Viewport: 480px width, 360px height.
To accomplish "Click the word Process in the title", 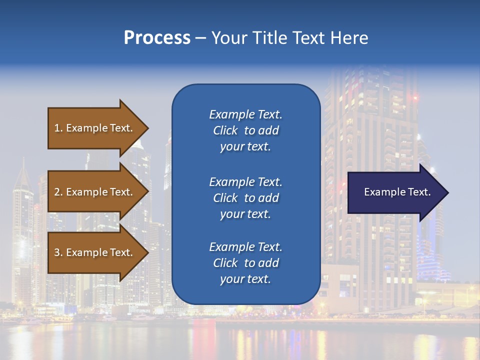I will click(157, 38).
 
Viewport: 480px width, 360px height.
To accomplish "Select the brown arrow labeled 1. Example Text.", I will click(95, 128).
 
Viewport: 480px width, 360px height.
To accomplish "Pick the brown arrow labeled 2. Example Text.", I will click(95, 192).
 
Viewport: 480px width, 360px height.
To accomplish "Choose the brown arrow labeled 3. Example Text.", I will click(95, 252).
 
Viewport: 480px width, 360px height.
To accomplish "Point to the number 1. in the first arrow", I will click(58, 128).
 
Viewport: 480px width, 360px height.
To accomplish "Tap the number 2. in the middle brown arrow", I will click(58, 192).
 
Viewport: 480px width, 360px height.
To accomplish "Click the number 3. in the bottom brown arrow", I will click(58, 252).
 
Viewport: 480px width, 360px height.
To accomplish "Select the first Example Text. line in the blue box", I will click(245, 114).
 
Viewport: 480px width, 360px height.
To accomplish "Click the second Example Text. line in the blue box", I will click(245, 182).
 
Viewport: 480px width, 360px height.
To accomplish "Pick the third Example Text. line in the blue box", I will click(245, 247).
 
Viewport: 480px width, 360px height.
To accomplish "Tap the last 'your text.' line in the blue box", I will click(245, 279).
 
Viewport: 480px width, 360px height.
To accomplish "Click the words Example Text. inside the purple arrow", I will click(397, 192).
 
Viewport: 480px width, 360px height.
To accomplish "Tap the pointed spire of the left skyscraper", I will click(22, 161).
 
